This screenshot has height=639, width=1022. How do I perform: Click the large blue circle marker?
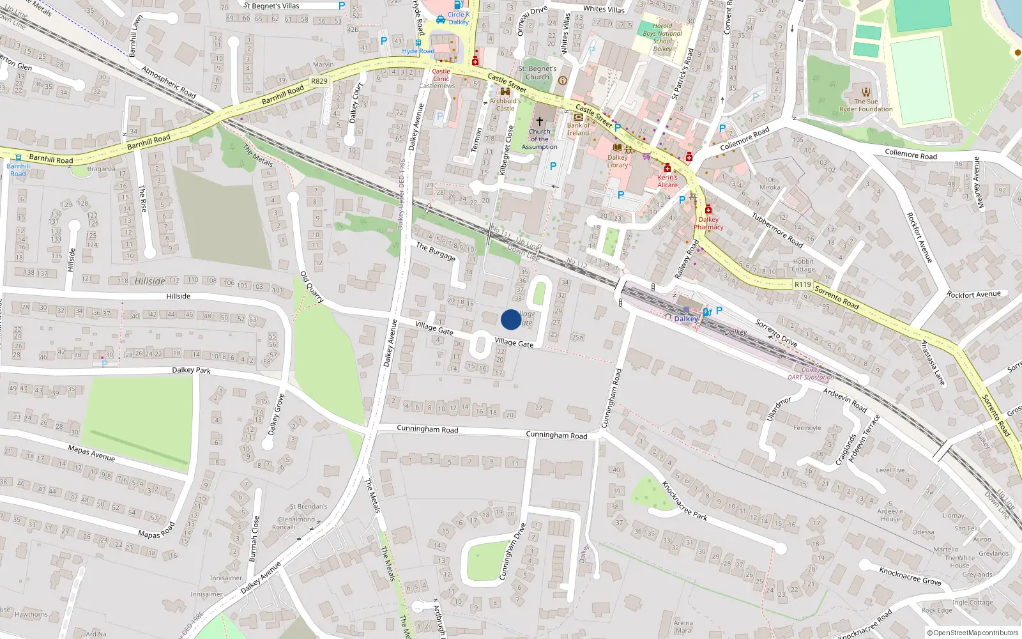511,319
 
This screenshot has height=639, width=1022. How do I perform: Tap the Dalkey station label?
685,318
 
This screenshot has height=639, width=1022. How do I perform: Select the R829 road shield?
319,81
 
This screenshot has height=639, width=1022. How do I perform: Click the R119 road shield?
802,284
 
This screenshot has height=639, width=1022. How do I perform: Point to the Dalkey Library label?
617,161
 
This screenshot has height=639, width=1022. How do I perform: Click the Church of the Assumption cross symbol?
540,121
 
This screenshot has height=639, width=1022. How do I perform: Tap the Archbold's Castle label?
505,104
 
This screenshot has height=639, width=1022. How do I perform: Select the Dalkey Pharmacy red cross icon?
708,210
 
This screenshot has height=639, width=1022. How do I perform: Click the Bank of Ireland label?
578,129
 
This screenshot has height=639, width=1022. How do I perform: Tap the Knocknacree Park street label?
685,500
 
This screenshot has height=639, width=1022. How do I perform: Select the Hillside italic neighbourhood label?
149,281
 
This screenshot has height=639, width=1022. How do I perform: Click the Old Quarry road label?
312,287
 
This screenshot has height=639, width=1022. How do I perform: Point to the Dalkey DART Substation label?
811,373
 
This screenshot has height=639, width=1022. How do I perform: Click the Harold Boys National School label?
662,37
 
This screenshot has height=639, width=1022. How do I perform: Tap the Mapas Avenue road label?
91,453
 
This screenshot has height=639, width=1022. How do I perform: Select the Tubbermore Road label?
777,230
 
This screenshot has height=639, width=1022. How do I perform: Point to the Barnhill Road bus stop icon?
19,158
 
